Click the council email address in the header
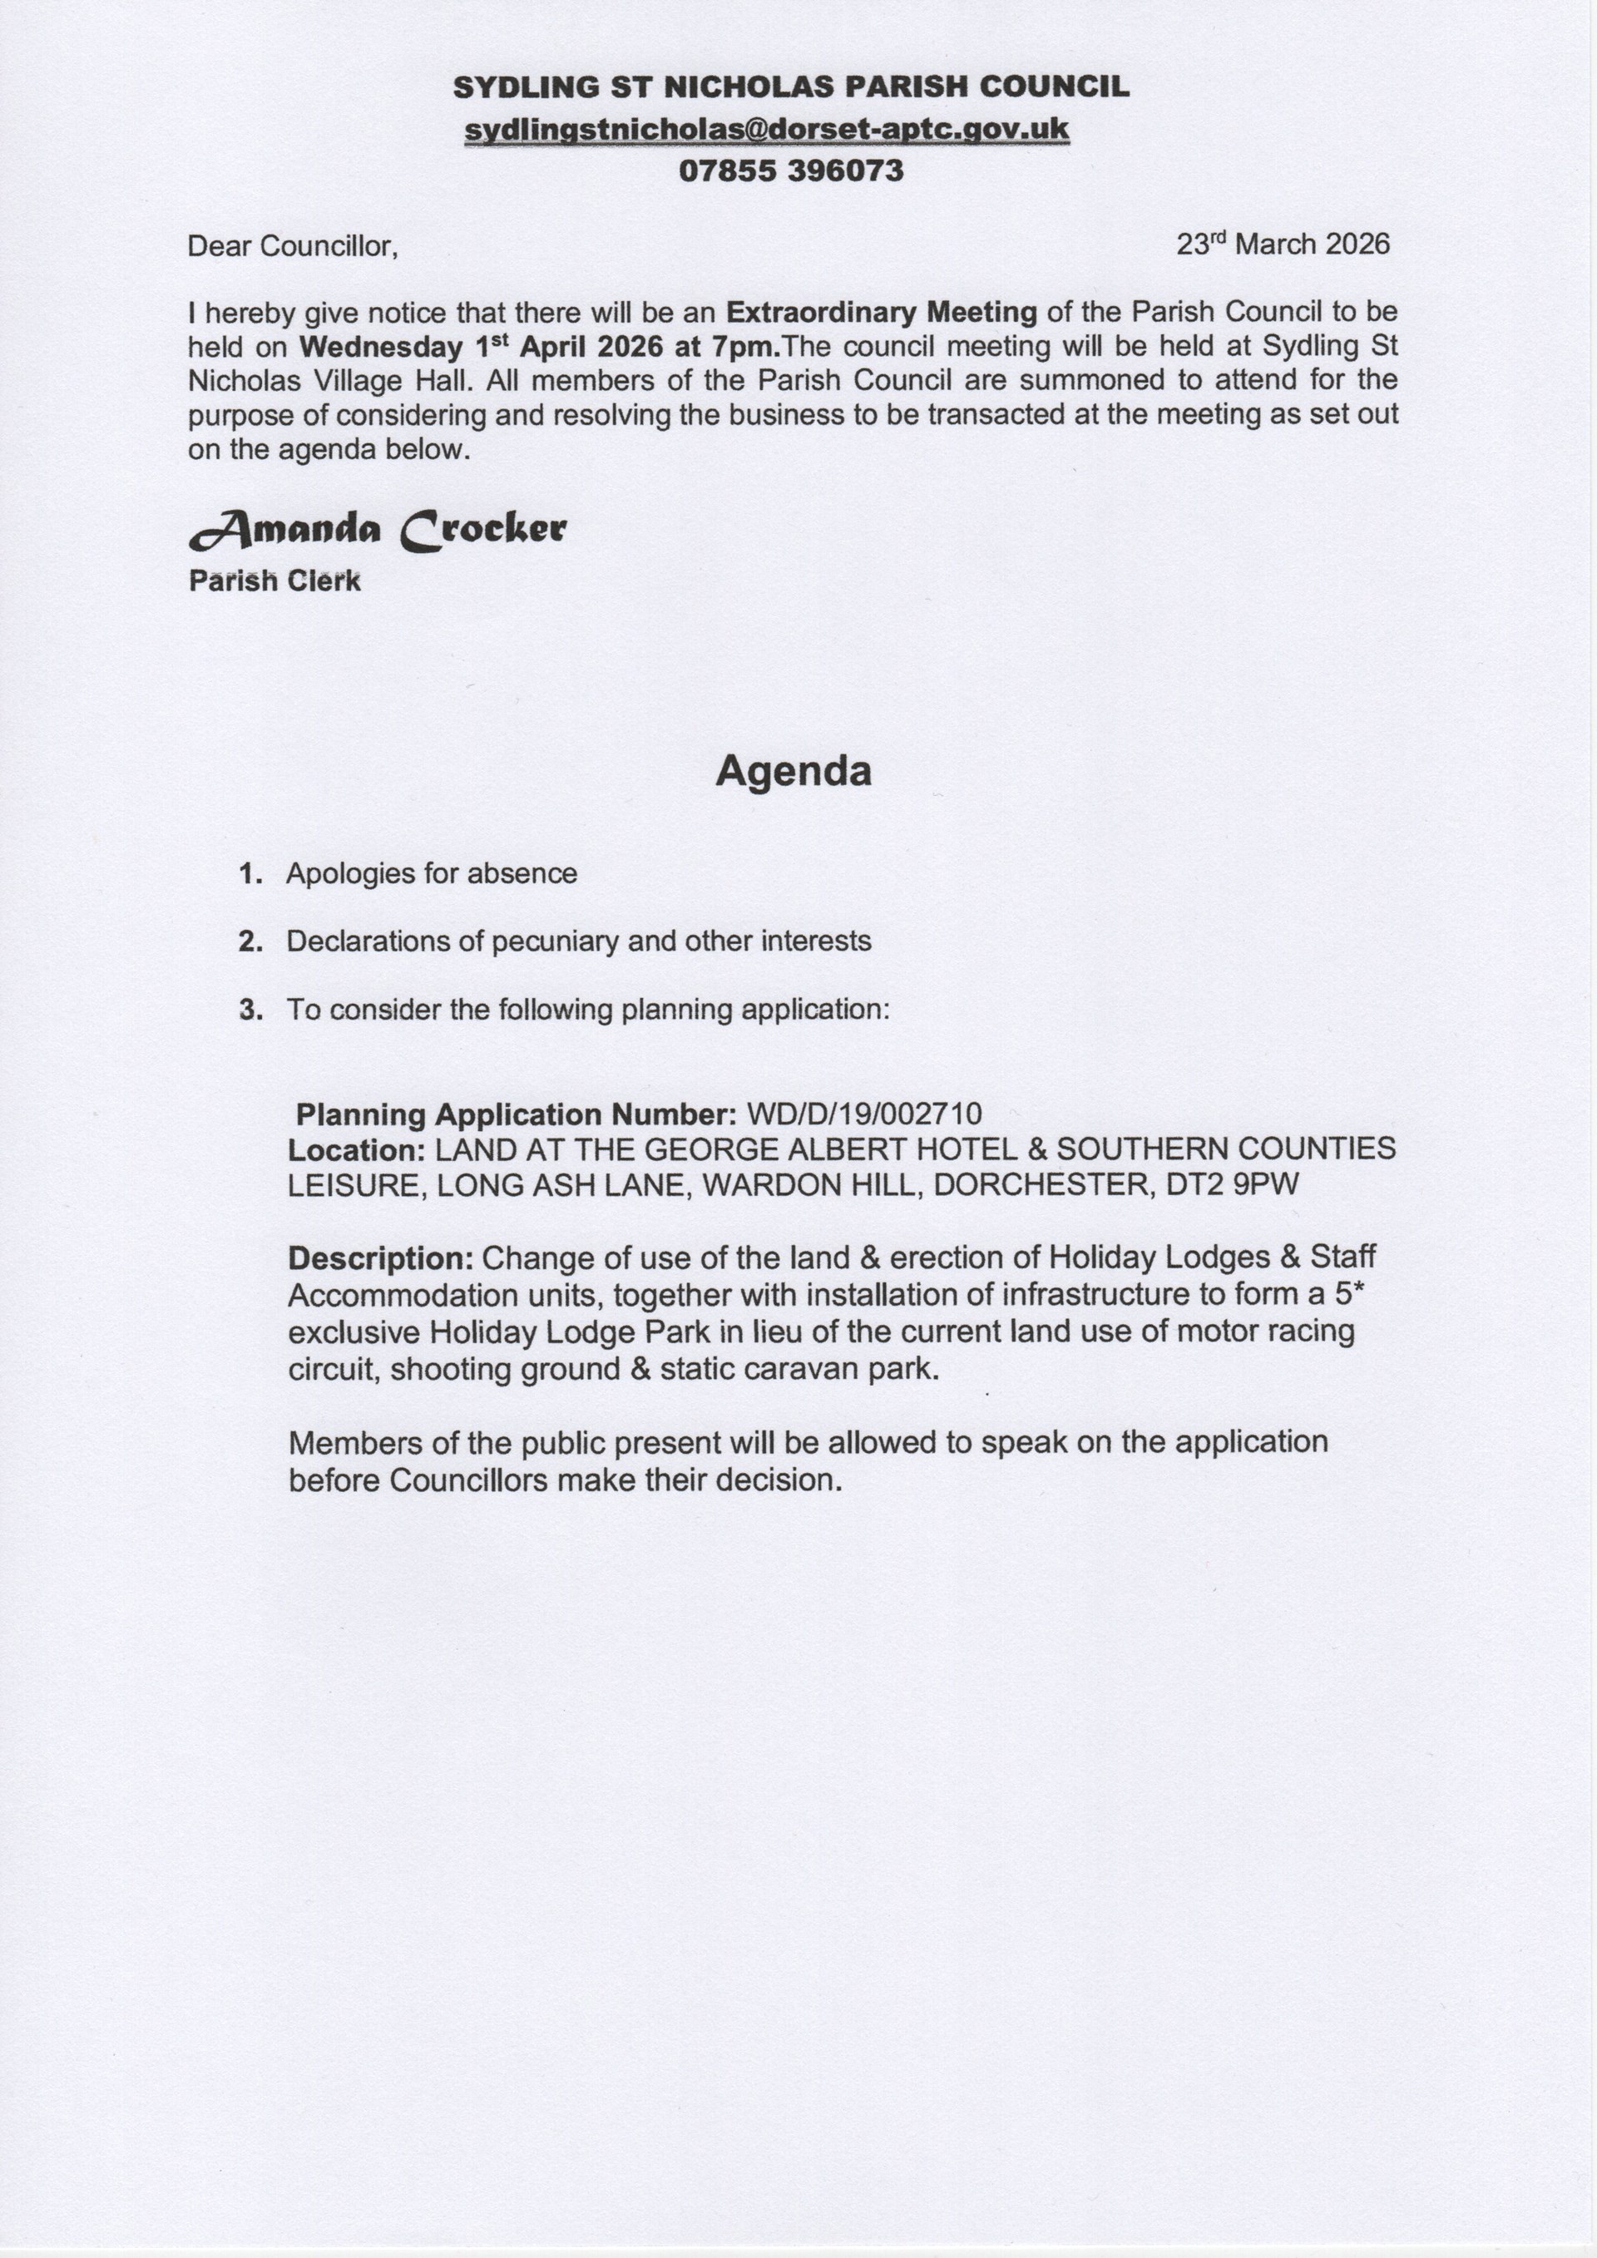766,130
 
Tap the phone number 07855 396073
791,171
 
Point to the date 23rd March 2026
1283,244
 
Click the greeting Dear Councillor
292,246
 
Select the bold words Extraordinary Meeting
881,313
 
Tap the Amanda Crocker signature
378,531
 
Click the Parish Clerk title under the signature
274,581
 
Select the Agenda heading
793,770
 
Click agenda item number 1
250,873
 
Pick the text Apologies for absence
431,873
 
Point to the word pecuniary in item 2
556,942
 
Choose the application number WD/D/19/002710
863,1114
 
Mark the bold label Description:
382,1259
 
